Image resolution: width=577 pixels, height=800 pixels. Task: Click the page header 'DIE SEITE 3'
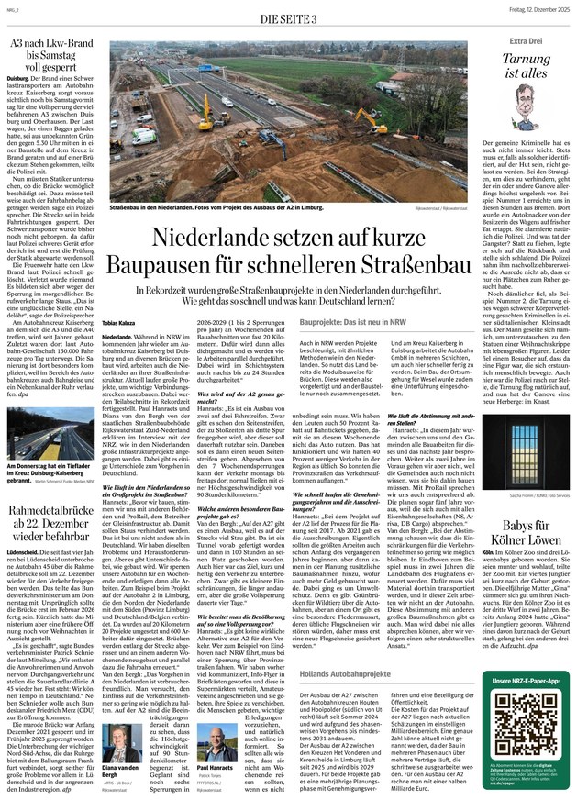click(287, 19)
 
